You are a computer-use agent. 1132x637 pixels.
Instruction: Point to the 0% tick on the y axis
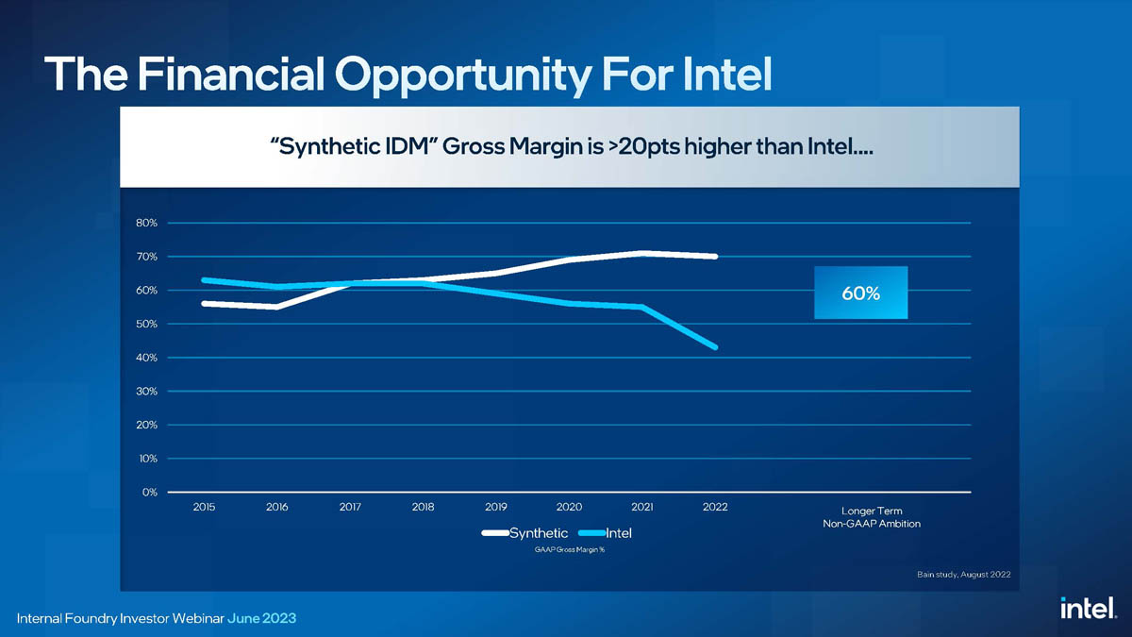149,492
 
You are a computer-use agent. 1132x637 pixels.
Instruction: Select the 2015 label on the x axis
204,507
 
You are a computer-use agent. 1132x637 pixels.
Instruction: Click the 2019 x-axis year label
495,507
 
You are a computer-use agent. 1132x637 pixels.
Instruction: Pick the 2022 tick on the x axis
715,507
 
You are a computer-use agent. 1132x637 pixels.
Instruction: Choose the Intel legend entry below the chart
618,533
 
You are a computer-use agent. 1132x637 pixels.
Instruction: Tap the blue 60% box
860,293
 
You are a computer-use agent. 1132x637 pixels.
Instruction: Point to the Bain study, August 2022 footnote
963,574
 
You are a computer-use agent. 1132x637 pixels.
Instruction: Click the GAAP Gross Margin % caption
569,550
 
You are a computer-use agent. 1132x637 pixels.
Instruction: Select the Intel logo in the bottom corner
1088,610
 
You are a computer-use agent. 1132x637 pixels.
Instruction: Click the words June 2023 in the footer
261,618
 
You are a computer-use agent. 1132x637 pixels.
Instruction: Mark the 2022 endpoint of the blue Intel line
716,347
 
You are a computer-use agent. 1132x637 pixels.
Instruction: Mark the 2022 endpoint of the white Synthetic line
716,256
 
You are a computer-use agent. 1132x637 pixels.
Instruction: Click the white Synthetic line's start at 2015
204,303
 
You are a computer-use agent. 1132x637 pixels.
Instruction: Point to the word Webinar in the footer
192,618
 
